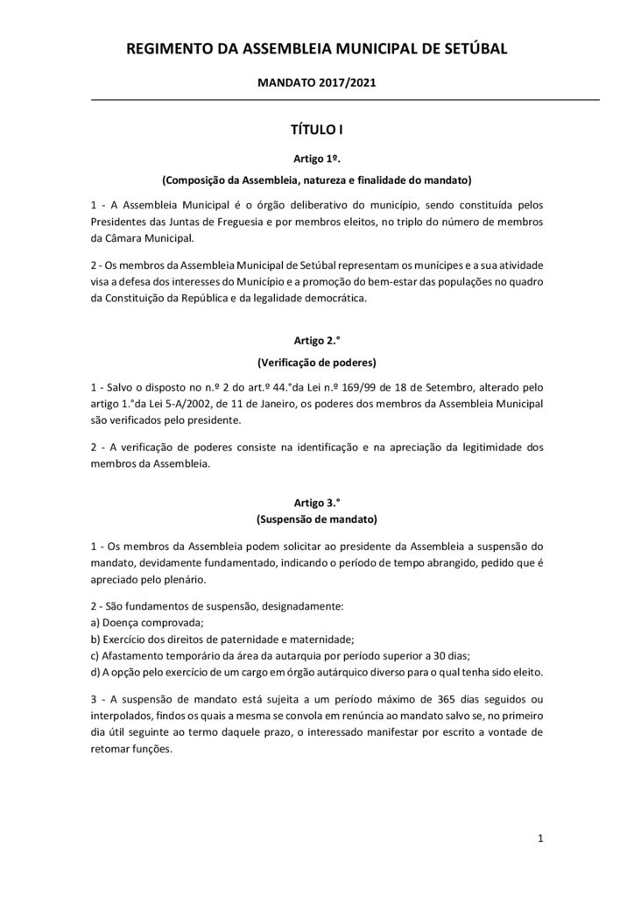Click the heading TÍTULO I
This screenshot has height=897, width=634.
(x=316, y=130)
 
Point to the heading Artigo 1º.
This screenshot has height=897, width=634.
(x=316, y=159)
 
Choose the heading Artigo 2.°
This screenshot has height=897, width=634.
(x=316, y=341)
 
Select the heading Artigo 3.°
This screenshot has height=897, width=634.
(x=316, y=503)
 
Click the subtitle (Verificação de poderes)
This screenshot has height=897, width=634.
(x=316, y=362)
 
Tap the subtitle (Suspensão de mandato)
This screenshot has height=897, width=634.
(x=316, y=519)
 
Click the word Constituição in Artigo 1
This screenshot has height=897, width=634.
(x=137, y=298)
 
